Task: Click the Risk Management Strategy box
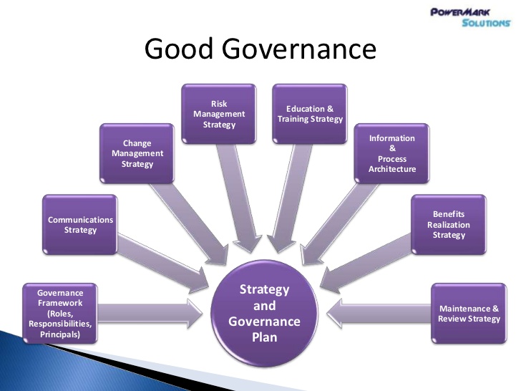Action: click(x=219, y=114)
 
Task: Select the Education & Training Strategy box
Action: click(x=310, y=114)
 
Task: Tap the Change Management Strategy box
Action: click(x=137, y=153)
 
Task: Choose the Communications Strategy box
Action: click(x=80, y=225)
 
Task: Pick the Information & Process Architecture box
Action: click(x=391, y=153)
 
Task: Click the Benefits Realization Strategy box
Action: click(x=449, y=225)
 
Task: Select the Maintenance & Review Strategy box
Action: click(x=469, y=313)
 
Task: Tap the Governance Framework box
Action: click(x=60, y=313)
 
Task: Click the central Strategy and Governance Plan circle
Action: click(x=265, y=313)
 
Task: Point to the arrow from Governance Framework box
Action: click(x=150, y=314)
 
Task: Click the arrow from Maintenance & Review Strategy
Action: click(x=379, y=314)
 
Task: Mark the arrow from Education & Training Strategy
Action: click(x=289, y=198)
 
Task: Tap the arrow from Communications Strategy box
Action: click(x=163, y=264)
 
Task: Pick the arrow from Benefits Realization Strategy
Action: click(x=366, y=264)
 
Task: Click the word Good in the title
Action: click(x=178, y=49)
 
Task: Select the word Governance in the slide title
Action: click(x=299, y=49)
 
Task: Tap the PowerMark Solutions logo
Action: click(x=471, y=18)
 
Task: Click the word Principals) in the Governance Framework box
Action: click(x=60, y=334)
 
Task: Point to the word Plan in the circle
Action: click(x=265, y=337)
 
